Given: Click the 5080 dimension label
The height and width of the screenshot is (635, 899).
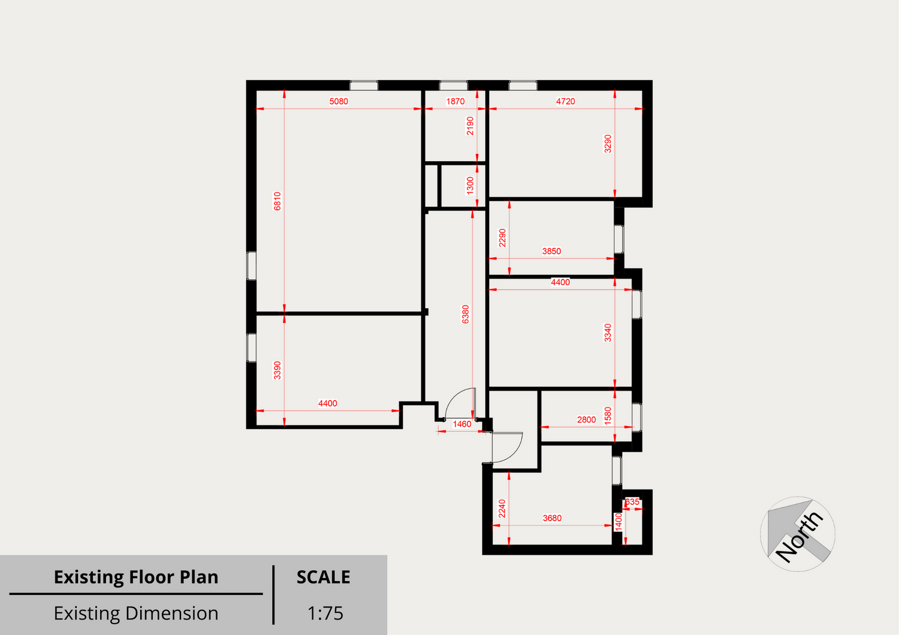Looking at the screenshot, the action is coord(339,101).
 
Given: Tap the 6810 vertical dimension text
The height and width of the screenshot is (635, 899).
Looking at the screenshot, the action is coord(277,201).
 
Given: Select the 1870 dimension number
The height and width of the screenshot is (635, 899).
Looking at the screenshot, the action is coord(455,101).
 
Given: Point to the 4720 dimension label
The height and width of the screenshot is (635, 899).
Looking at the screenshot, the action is coord(565,101).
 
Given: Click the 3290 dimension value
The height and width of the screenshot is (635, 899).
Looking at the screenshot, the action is coord(608,144).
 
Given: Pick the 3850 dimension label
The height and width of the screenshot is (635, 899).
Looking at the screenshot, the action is coord(551,252).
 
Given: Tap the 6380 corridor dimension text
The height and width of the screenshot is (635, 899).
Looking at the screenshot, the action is coord(465,315).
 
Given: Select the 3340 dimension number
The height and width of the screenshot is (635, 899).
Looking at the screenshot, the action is coord(608,333).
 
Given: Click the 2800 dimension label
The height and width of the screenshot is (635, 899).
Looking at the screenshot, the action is coord(586,420).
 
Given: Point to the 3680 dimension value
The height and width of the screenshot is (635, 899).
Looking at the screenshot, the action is coord(552,518).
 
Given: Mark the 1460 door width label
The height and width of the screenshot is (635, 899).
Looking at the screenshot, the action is coord(462,424).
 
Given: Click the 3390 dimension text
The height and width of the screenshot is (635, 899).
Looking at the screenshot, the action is coord(277,370).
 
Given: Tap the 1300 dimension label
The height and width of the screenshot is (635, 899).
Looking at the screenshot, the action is coord(470,186).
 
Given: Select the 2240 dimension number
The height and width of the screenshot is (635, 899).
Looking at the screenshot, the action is coord(502,509).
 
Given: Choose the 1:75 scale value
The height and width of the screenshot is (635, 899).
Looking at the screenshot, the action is coord(325,613).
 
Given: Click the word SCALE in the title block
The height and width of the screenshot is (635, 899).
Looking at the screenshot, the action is coord(323,577).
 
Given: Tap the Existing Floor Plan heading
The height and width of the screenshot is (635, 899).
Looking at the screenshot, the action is coord(136,577).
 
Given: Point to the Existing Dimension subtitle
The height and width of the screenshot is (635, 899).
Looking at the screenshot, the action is coord(136,613).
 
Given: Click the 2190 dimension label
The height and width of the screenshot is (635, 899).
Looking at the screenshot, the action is coord(470,126).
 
